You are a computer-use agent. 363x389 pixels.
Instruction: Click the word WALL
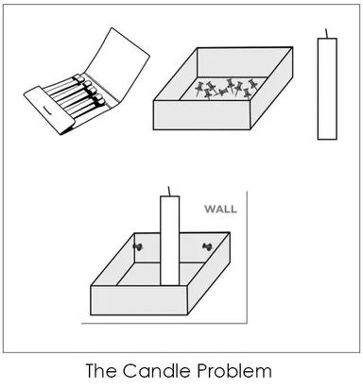coord(220,209)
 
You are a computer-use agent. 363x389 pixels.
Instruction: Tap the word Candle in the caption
coord(157,370)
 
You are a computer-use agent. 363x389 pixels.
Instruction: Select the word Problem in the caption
coord(234,370)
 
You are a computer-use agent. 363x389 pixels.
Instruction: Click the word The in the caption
coord(101,370)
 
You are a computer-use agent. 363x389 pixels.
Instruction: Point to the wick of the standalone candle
coord(327,33)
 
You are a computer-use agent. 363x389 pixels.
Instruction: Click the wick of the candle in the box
coord(169,191)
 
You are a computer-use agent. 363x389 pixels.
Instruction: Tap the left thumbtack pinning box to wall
coord(137,247)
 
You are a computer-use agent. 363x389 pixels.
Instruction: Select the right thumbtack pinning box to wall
coord(207,246)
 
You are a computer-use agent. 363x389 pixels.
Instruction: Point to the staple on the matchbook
coord(47,110)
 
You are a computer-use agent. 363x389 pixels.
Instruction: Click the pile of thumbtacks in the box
coord(225,89)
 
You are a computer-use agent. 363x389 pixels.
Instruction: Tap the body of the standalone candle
coord(327,89)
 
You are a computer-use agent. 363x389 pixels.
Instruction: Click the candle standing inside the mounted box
coord(170,241)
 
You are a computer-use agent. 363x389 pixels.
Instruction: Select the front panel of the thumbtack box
coord(201,115)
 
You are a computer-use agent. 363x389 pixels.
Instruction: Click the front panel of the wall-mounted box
coord(139,300)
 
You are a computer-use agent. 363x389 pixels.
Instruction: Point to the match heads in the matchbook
coord(90,89)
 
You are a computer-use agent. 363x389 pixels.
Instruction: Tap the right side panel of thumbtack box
coord(271,89)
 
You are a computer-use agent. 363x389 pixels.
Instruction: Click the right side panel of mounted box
coord(209,273)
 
